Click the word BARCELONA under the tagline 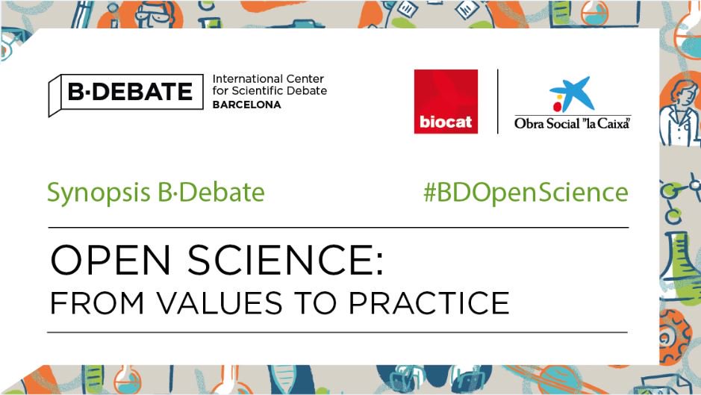coord(247,105)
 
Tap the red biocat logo coord(446,102)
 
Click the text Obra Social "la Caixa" coord(572,123)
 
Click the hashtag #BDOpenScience coord(526,193)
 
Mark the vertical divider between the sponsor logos coord(498,102)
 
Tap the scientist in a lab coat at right coord(681,112)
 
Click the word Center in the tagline coord(306,79)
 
